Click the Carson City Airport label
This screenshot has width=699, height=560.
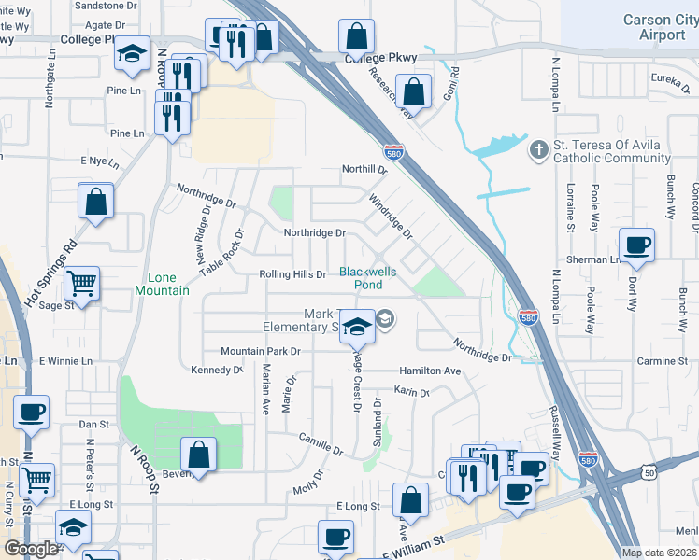click(x=661, y=27)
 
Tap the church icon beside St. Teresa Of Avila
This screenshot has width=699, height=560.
click(x=537, y=149)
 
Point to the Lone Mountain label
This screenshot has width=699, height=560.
click(x=168, y=284)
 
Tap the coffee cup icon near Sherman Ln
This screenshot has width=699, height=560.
click(x=636, y=245)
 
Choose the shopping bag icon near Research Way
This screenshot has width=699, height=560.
click(x=412, y=91)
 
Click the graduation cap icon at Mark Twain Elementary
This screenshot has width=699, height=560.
click(x=356, y=326)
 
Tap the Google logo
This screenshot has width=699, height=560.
click(x=32, y=549)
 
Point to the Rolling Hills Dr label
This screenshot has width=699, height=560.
click(x=292, y=274)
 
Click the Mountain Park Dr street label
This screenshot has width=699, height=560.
click(x=261, y=352)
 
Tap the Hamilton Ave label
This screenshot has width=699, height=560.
click(x=430, y=371)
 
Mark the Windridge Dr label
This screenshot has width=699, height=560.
click(x=390, y=216)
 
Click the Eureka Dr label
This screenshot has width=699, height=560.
click(x=669, y=78)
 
